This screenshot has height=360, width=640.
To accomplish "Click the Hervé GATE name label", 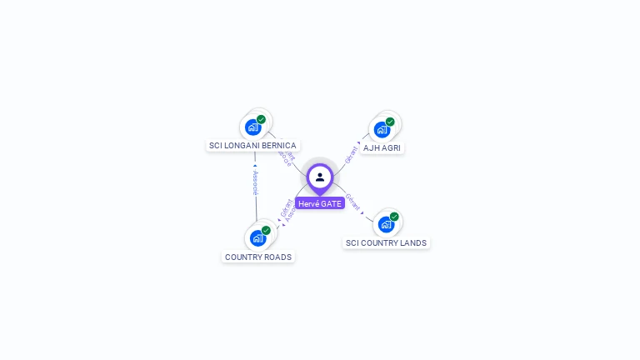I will pos(320,203).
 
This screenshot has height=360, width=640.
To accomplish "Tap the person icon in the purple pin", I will pos(320,177).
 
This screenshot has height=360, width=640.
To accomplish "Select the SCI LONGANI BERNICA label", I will pos(252,145).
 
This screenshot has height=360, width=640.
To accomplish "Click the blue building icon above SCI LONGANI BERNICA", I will pos(253,127).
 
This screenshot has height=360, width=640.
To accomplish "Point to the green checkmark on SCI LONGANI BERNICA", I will pos(261,120).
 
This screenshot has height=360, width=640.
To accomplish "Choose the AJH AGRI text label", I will pos(382,147).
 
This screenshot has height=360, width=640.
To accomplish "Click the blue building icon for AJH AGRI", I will pos(382,129).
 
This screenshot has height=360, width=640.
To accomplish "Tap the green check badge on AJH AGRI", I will pos(390,122).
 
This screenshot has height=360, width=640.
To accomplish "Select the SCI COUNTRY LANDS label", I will pos(386,243).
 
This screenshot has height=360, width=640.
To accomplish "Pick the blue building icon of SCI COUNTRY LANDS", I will pos(386,224).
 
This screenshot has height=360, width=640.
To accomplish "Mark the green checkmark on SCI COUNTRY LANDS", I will pos(394,217).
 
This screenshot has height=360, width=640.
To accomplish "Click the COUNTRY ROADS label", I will pos(258,257).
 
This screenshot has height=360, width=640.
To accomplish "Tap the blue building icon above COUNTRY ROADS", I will pos(257,237).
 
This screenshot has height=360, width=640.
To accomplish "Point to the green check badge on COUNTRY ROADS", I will pos(266,230).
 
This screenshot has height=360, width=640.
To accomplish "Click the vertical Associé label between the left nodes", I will pos(256,182).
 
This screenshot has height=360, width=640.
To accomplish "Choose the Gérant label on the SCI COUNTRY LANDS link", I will pos(352,202).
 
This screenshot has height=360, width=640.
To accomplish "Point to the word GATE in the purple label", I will pos(331,203).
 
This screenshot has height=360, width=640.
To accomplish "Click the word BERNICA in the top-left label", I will pos(279,145).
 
